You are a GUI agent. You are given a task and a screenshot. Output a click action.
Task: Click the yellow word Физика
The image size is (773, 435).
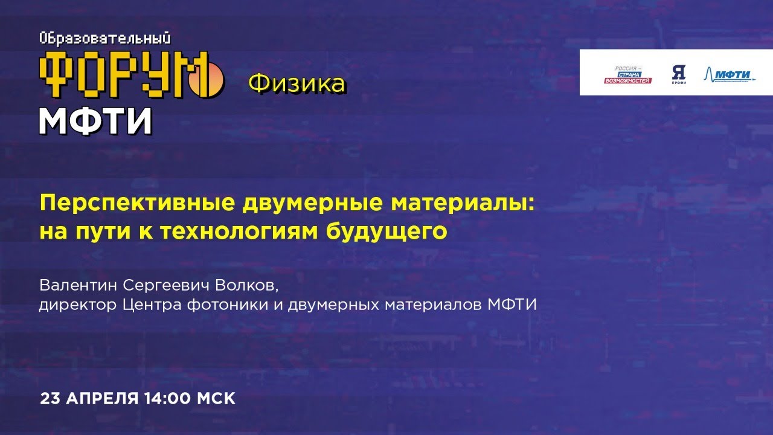297,84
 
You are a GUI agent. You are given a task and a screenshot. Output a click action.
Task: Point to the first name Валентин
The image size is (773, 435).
70,284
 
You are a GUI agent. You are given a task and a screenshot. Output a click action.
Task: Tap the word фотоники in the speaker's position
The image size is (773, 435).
217,304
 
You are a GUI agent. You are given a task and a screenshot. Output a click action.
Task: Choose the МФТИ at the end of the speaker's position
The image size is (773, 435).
512,304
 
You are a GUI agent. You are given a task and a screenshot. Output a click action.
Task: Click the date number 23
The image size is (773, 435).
50,399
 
